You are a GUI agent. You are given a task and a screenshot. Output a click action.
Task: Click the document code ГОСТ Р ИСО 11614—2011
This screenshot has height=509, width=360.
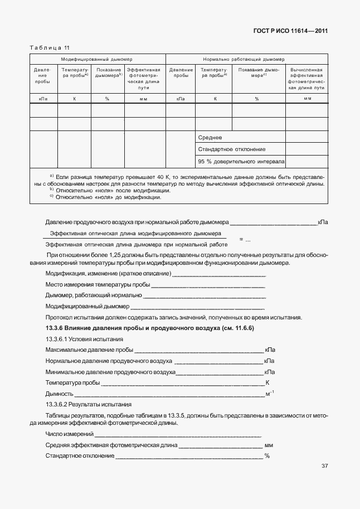tap(294, 31)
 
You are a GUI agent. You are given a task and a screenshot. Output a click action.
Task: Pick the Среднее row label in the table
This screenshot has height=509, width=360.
tap(210, 137)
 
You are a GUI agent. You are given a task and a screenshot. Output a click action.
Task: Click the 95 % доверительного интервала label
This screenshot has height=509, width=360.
tap(241, 162)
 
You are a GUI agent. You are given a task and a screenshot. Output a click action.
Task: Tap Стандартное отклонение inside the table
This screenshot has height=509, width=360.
tap(232, 149)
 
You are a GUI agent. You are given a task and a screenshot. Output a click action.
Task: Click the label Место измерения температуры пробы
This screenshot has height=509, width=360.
tap(97, 284)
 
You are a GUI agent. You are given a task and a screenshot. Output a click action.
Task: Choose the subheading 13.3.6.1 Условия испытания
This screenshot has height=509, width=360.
tap(84, 339)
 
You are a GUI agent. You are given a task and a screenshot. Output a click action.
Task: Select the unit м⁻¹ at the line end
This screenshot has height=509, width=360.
tap(269, 394)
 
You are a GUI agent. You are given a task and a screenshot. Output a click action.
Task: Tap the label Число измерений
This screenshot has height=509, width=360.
tap(69, 434)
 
